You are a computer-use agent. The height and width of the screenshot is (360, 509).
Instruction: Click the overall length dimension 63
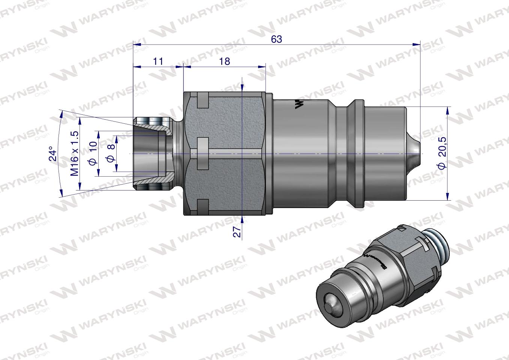point(276,39)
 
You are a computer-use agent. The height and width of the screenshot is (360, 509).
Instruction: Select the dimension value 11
point(158,61)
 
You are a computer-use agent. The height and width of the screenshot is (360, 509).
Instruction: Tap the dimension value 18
point(224,61)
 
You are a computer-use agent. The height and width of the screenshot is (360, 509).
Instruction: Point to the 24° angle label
point(54,153)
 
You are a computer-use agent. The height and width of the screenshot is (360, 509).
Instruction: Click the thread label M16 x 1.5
point(75,153)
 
